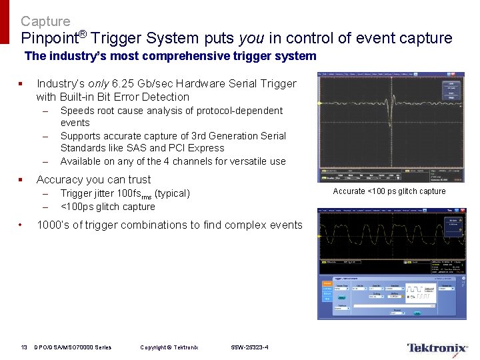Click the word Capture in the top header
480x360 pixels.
(45, 21)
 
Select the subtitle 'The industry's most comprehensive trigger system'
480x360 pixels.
(170, 57)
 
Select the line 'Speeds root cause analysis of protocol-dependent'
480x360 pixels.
(171, 111)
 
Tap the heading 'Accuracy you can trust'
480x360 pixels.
(93, 179)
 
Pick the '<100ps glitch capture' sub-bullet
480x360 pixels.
(107, 207)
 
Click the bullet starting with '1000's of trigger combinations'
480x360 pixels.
(169, 225)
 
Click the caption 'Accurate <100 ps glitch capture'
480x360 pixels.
(389, 191)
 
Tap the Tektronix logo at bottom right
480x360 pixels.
(437, 348)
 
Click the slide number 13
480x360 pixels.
(24, 347)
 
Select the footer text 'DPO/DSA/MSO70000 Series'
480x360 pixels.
(73, 347)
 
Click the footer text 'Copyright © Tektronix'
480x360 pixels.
(169, 347)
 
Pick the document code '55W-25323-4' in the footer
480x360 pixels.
(249, 347)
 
